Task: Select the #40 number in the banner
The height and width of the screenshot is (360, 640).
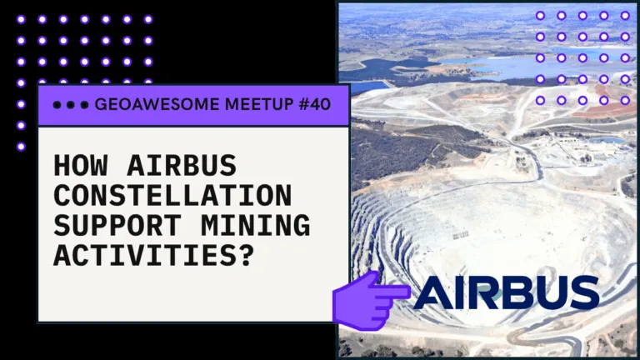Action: point(314,104)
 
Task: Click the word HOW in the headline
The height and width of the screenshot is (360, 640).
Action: point(81,165)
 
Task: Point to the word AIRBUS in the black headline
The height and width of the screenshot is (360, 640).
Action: point(182,165)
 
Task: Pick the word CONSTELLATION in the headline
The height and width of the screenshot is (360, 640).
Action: point(172,196)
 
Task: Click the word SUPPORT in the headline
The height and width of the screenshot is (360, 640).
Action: point(117,226)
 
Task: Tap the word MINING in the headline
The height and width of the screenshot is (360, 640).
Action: point(255,226)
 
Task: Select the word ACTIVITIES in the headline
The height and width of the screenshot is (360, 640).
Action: point(145,256)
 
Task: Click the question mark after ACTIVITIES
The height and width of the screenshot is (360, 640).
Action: point(246,256)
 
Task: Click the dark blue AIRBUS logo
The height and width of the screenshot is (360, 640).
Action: point(506,292)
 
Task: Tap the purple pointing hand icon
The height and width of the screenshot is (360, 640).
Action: point(369,301)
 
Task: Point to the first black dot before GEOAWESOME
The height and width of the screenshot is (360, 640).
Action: point(57,105)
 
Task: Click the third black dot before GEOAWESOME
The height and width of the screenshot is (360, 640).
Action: point(84,105)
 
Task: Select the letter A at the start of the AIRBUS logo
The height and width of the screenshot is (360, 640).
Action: point(432,292)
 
